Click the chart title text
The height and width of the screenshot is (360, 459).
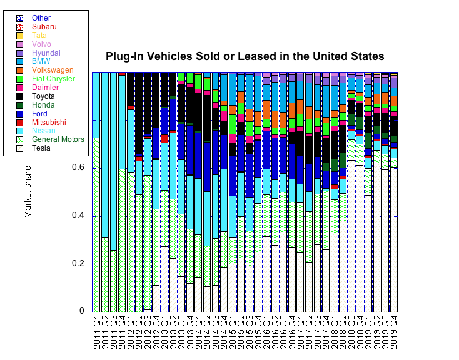[245, 56]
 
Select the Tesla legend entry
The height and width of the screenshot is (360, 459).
[41, 148]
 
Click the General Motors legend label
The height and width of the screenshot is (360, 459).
[58, 139]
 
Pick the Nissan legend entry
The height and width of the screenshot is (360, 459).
[43, 131]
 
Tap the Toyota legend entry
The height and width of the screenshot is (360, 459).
[43, 96]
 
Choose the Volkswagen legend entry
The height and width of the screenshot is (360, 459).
[53, 70]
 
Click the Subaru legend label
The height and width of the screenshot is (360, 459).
[44, 27]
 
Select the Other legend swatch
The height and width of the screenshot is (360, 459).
[19, 19]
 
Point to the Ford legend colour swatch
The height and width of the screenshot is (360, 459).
[19, 114]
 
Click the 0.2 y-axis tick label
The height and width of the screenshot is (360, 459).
[79, 264]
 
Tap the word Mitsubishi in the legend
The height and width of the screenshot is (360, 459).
[49, 122]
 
